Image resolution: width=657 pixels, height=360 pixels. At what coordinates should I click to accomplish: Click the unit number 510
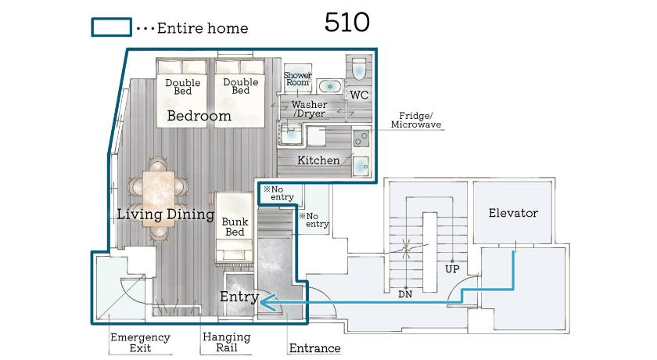[x=347, y=22]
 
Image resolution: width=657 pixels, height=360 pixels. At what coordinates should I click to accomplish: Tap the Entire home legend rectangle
[x=111, y=27]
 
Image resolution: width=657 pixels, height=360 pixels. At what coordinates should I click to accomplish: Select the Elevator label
[x=513, y=213]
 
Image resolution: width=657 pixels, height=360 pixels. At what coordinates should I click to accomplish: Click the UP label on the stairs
[x=452, y=268]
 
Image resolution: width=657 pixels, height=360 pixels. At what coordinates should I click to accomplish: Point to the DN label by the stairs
[x=405, y=294]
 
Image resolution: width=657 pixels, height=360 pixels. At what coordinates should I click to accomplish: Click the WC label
[x=359, y=95]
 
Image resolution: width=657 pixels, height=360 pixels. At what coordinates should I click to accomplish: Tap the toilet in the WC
[x=359, y=69]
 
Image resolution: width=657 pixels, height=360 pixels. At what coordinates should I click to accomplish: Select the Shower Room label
[x=297, y=79]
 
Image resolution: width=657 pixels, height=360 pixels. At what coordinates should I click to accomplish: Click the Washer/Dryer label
[x=309, y=109]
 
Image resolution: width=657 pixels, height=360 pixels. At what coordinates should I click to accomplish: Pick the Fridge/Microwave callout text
[x=415, y=120]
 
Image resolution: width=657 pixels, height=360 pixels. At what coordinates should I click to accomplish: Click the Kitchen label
[x=318, y=160]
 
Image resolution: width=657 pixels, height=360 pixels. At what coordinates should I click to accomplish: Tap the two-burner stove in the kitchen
[x=361, y=139]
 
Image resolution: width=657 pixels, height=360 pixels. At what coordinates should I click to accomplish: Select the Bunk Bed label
[x=235, y=227]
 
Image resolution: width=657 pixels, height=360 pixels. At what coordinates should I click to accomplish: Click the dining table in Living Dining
[x=158, y=199]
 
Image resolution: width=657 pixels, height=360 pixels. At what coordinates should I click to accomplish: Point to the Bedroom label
[x=199, y=116]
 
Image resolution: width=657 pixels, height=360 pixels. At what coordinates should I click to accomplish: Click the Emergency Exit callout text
[x=140, y=343]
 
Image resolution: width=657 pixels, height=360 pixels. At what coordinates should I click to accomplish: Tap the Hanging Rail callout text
[x=226, y=342]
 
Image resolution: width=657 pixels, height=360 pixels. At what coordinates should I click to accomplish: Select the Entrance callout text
[x=314, y=347]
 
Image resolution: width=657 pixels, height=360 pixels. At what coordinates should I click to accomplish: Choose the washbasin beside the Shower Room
[x=330, y=87]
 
